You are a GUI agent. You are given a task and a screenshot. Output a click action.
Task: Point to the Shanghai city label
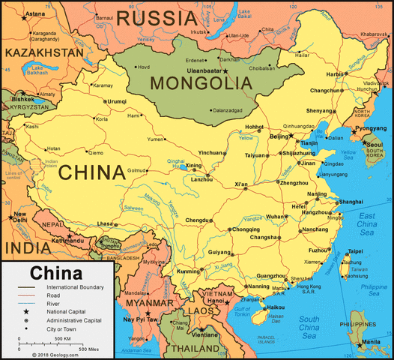[x=351, y=202]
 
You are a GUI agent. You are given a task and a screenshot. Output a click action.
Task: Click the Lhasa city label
[x=104, y=223]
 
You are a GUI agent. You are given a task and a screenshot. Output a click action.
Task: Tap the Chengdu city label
[x=197, y=220]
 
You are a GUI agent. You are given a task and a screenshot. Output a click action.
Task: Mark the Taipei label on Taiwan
[x=355, y=251]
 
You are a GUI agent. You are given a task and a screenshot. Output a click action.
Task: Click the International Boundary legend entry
[x=75, y=287]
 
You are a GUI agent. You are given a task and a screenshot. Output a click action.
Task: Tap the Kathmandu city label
[x=67, y=239]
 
